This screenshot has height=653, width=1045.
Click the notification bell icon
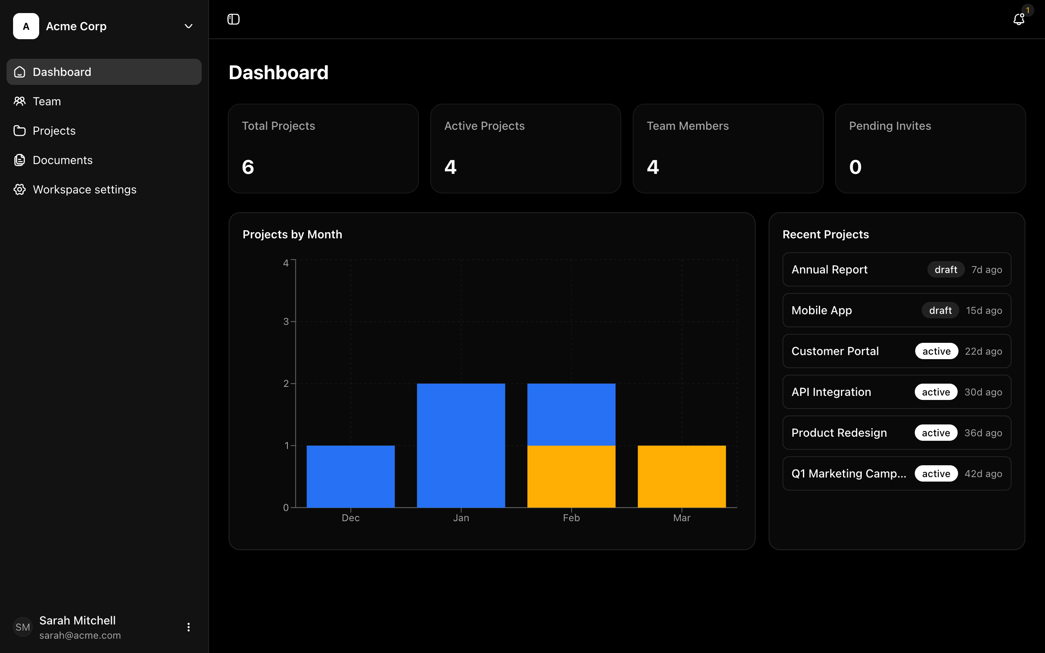[x=1018, y=20]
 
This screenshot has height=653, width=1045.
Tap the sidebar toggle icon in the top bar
[x=233, y=20]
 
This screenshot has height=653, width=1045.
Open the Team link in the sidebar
[x=47, y=102]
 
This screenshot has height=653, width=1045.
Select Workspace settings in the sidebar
[x=84, y=190]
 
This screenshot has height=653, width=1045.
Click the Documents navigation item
[x=62, y=160]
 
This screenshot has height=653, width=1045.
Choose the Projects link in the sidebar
[x=54, y=131]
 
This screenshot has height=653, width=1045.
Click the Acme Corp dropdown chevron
[x=188, y=27]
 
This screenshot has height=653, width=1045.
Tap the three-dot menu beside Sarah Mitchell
[x=188, y=627]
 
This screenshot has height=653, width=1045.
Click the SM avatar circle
[x=23, y=627]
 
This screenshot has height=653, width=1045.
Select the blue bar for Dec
[x=351, y=476]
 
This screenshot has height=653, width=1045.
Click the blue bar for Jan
[x=461, y=445]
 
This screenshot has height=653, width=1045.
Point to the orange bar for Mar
[x=681, y=476]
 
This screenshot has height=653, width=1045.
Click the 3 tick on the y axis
[x=286, y=321]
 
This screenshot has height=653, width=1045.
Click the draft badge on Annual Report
[x=946, y=269]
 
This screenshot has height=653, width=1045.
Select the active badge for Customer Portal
[x=936, y=351]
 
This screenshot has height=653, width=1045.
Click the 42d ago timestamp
[x=983, y=474]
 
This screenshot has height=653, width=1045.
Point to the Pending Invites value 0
[x=855, y=167]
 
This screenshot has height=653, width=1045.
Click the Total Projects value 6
[x=248, y=167]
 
